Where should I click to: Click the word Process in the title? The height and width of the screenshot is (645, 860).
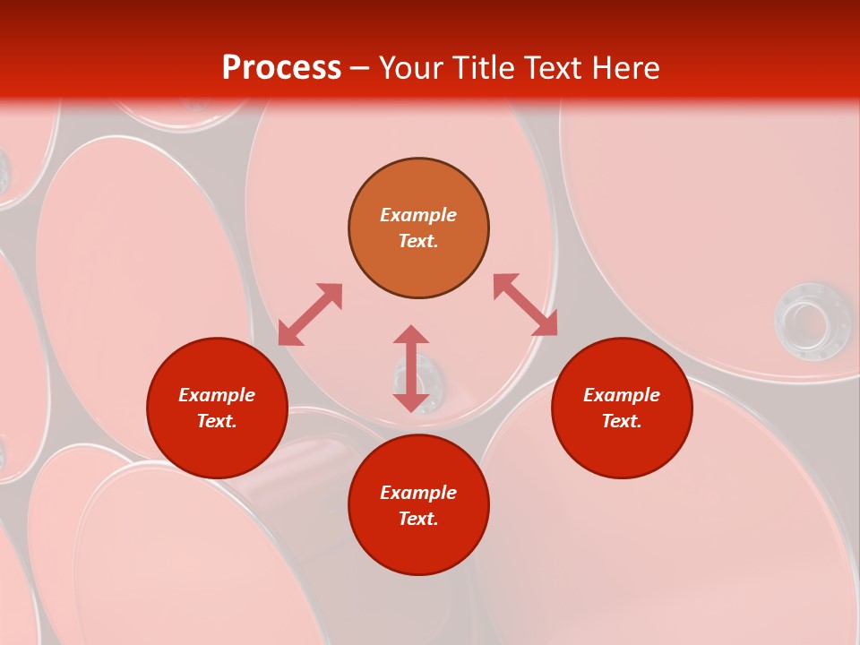[281, 68]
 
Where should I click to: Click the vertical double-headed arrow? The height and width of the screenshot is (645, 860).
[411, 368]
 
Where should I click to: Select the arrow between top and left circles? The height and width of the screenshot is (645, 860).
[310, 314]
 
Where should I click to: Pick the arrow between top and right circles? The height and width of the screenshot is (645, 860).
[526, 305]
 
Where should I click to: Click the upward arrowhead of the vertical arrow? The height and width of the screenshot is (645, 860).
[411, 334]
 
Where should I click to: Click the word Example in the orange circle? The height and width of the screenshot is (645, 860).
[418, 215]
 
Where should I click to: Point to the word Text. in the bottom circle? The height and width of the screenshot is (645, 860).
[418, 519]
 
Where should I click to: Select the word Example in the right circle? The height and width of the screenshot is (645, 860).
[622, 395]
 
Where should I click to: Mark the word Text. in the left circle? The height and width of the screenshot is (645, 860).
[217, 421]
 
